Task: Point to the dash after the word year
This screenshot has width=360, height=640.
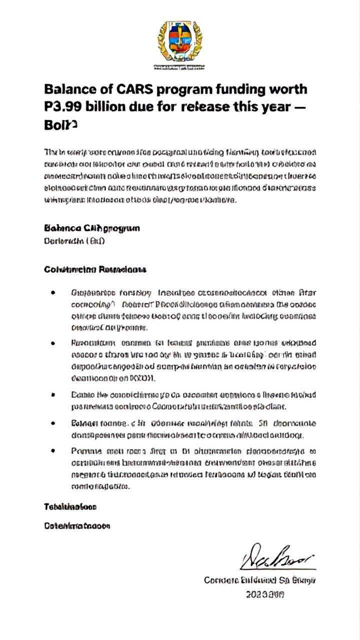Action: click(301, 107)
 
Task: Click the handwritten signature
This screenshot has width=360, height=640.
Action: click(277, 556)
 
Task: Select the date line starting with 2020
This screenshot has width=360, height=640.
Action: click(265, 595)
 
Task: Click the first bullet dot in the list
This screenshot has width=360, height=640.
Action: click(52, 292)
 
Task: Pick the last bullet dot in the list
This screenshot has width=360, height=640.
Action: click(52, 450)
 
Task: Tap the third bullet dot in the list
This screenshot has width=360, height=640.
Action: click(52, 395)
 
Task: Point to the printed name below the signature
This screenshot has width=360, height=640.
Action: click(259, 580)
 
